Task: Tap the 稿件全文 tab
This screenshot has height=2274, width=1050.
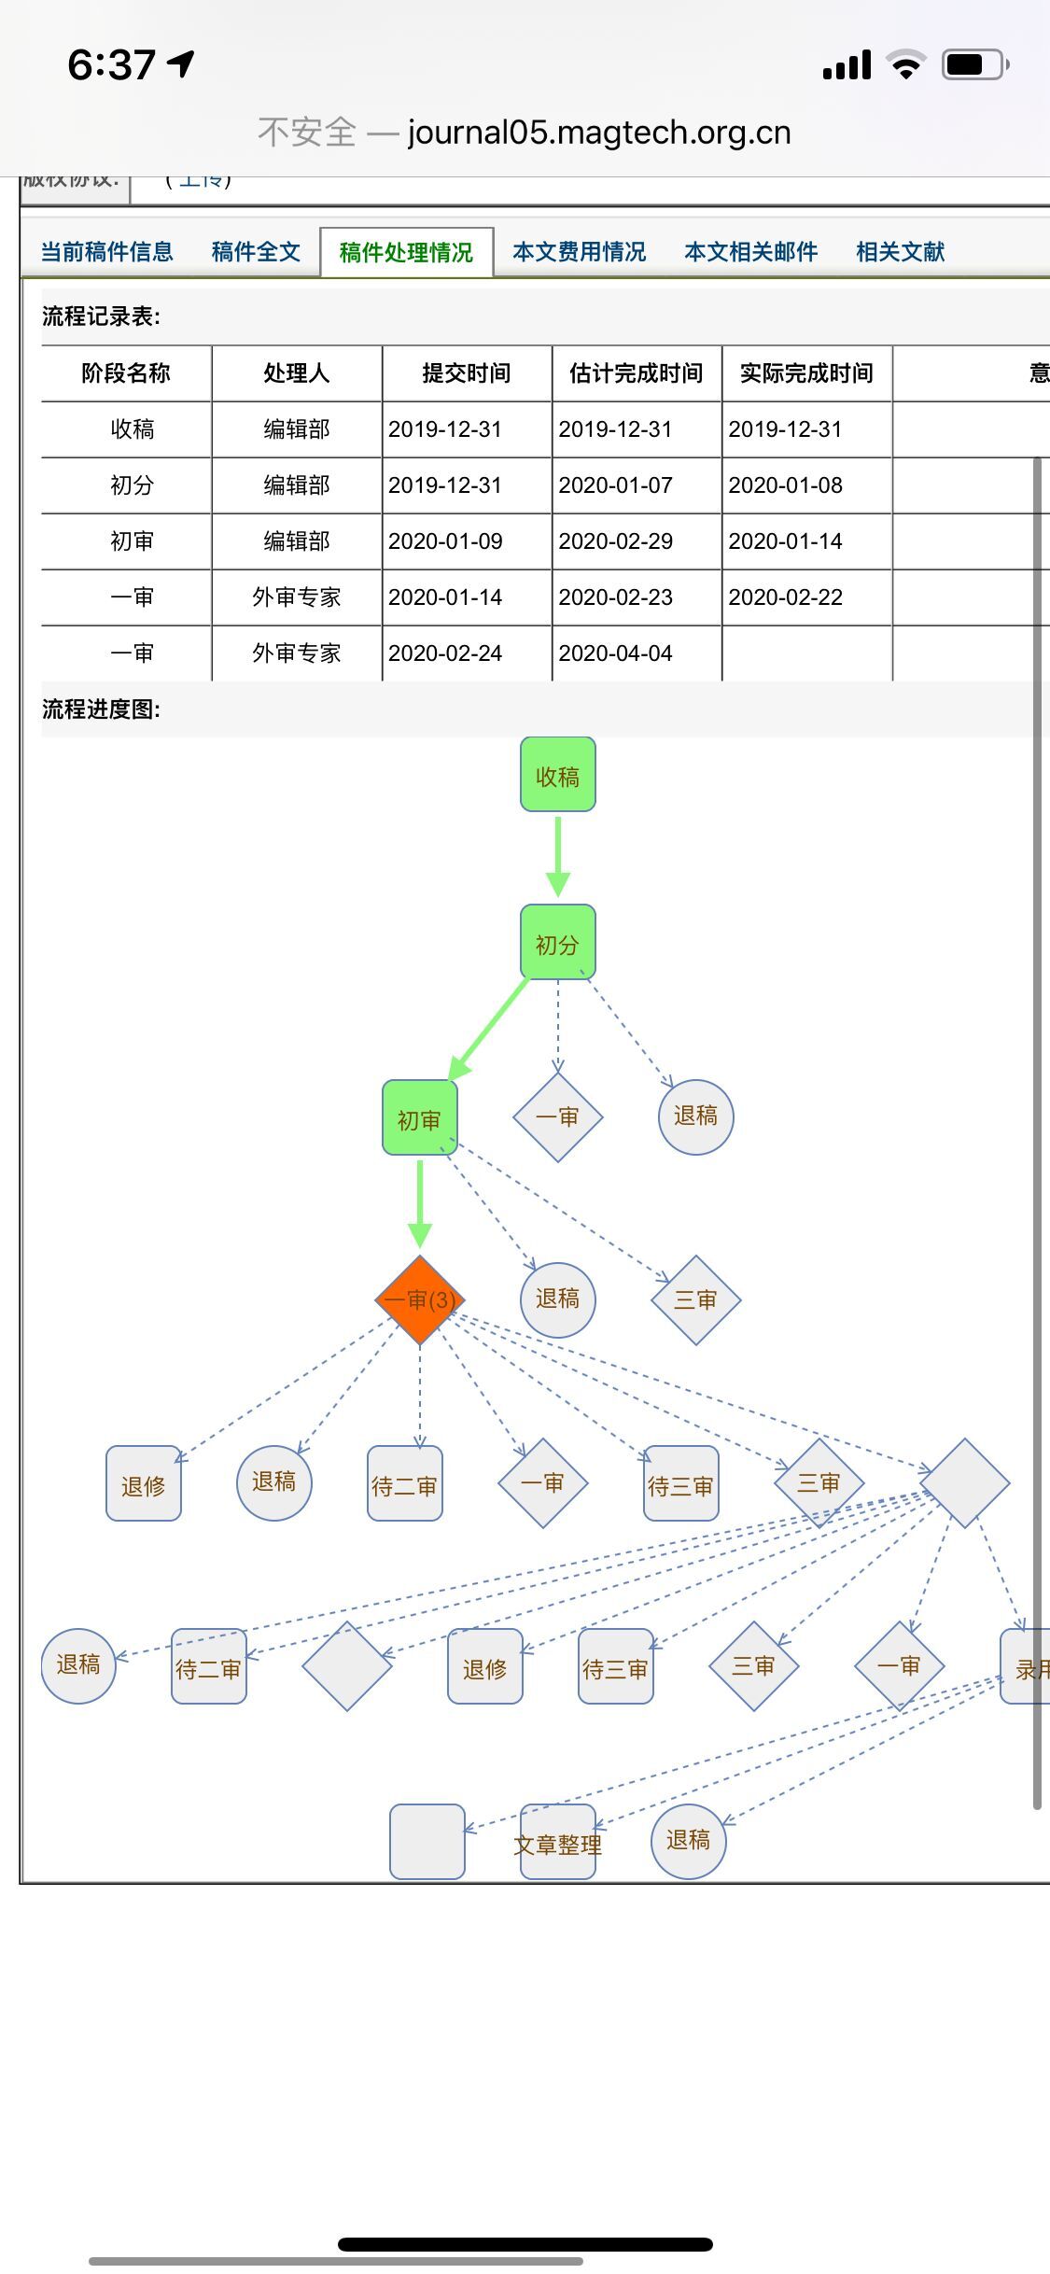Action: click(256, 252)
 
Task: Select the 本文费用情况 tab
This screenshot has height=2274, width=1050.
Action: click(579, 252)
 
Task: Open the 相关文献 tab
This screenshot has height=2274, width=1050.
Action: click(900, 252)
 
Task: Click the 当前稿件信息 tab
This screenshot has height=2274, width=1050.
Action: click(107, 252)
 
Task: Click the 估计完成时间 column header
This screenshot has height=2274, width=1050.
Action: click(636, 373)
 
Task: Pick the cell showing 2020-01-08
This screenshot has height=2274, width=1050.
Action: click(785, 485)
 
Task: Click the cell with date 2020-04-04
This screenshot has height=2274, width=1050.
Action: click(615, 653)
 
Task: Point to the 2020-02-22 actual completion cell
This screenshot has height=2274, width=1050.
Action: click(785, 597)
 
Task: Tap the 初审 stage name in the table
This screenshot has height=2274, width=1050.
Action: click(132, 541)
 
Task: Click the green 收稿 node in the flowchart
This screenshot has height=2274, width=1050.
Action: click(557, 775)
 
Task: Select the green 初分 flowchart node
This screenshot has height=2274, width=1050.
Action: click(557, 943)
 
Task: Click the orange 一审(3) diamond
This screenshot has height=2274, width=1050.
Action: click(420, 1299)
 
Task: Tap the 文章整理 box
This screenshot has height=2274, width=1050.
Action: click(557, 1844)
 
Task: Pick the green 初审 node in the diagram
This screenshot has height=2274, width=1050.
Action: click(419, 1118)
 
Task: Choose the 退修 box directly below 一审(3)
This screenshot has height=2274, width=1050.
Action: click(144, 1484)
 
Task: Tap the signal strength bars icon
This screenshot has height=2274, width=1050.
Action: click(847, 65)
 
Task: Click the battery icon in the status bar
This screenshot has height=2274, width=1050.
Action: click(974, 65)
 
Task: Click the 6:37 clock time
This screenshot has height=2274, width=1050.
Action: click(112, 65)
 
